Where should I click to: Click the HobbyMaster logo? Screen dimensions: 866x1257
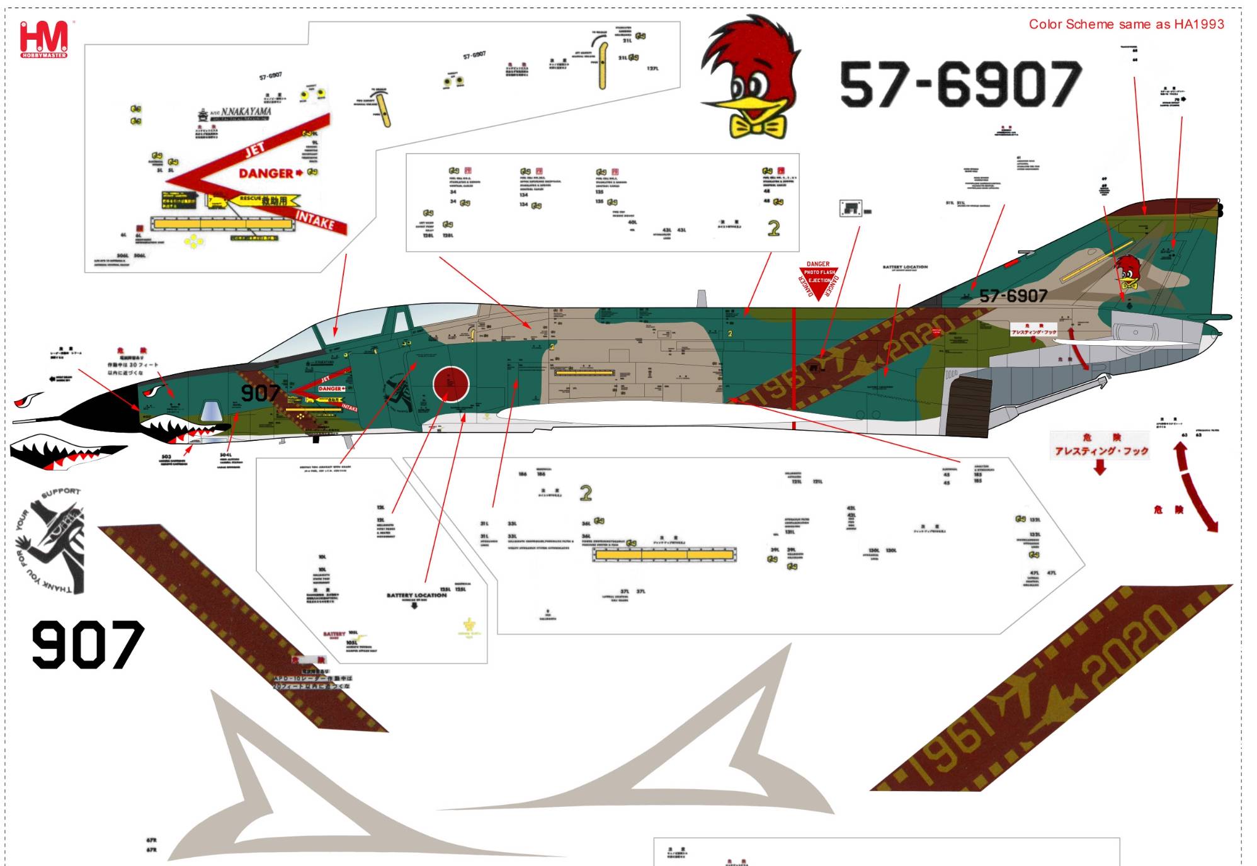point(43,39)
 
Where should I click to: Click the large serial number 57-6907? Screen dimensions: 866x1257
point(960,84)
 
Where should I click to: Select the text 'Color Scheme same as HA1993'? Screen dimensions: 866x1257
point(1126,25)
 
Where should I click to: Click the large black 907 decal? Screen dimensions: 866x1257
point(88,644)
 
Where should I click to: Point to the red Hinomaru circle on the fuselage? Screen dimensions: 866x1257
point(451,384)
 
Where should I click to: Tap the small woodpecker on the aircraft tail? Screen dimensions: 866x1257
point(1128,272)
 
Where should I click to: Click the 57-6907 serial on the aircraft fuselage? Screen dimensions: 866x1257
point(1013,296)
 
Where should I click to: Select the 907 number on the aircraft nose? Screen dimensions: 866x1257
point(260,393)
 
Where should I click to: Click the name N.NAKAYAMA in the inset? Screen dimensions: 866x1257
point(246,112)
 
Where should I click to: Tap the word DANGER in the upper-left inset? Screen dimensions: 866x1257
point(265,173)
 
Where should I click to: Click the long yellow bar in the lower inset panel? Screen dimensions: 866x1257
point(664,555)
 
